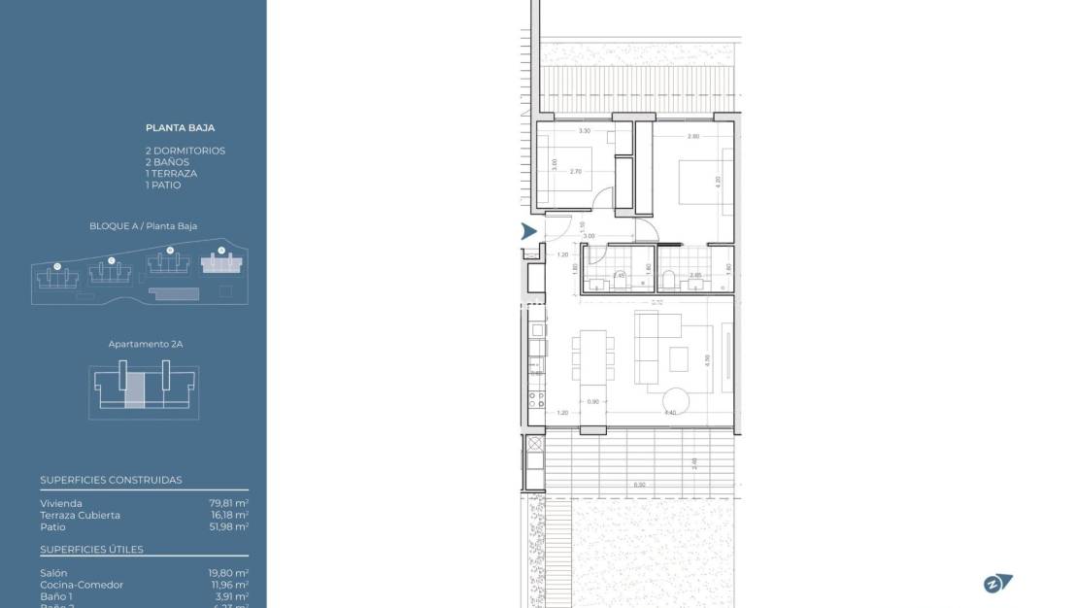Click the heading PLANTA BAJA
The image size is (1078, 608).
pyautogui.click(x=181, y=127)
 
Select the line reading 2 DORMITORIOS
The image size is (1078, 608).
pyautogui.click(x=185, y=151)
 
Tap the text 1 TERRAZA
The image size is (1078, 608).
pyautogui.click(x=171, y=174)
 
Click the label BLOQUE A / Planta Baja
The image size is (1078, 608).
pyautogui.click(x=143, y=226)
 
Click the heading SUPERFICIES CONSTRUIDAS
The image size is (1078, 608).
pyautogui.click(x=111, y=480)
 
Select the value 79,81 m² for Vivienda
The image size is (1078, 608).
pyautogui.click(x=229, y=503)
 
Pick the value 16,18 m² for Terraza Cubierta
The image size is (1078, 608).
pyautogui.click(x=229, y=516)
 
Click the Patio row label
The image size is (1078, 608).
pyautogui.click(x=52, y=527)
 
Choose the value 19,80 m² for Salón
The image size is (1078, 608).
pyautogui.click(x=229, y=573)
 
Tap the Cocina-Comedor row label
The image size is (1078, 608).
pyautogui.click(x=82, y=585)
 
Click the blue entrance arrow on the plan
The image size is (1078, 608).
pyautogui.click(x=528, y=231)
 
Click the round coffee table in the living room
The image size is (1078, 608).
pyautogui.click(x=678, y=401)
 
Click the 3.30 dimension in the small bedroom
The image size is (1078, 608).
pyautogui.click(x=585, y=131)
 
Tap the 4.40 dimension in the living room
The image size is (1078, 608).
pyautogui.click(x=669, y=413)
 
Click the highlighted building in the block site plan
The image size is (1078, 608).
pyautogui.click(x=221, y=262)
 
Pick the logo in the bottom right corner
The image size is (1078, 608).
pyautogui.click(x=997, y=583)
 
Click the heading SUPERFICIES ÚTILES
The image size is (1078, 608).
pyautogui.click(x=91, y=550)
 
